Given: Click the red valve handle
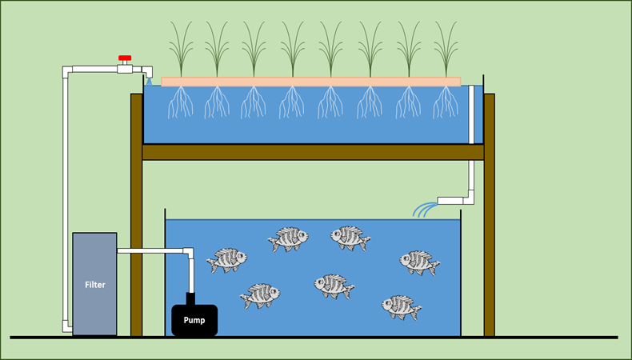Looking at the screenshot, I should pyautogui.click(x=124, y=58).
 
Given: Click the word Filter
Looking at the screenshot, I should pyautogui.click(x=94, y=284).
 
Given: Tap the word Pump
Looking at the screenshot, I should pyautogui.click(x=194, y=321).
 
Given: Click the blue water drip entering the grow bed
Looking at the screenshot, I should pyautogui.click(x=149, y=82).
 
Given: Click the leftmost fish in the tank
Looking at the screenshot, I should pyautogui.click(x=226, y=260).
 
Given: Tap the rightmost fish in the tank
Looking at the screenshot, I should pyautogui.click(x=419, y=262).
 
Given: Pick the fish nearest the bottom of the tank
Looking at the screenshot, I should pyautogui.click(x=401, y=306).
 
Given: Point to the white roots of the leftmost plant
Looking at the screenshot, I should pyautogui.click(x=180, y=102).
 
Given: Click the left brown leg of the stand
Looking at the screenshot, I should pyautogui.click(x=136, y=216).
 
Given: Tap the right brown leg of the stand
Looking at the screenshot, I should pyautogui.click(x=489, y=216).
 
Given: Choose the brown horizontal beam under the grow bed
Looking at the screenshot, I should pyautogui.click(x=312, y=152).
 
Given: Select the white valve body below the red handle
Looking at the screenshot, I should pyautogui.click(x=125, y=70).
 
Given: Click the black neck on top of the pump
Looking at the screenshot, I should pyautogui.click(x=190, y=298).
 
